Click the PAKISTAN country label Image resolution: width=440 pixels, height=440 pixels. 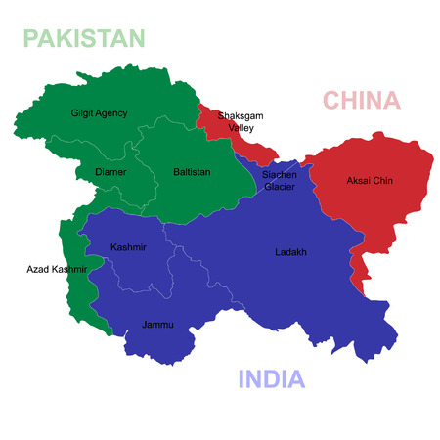click(84, 38)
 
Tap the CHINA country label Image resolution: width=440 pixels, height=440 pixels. click(362, 100)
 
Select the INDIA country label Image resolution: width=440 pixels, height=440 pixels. click(272, 379)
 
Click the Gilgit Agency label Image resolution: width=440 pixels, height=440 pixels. click(99, 113)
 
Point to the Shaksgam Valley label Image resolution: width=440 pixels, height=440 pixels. click(241, 120)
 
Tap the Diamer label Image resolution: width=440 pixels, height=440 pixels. click(110, 172)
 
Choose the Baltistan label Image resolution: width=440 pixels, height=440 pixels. click(192, 172)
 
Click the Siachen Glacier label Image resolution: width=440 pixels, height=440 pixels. click(280, 180)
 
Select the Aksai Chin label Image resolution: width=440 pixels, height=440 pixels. click(369, 181)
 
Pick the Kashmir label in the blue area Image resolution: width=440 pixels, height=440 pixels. click(129, 247)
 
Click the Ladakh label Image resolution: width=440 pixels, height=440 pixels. click(290, 252)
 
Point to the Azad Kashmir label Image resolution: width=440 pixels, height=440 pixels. click(57, 268)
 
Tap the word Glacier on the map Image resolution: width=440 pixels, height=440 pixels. click(280, 186)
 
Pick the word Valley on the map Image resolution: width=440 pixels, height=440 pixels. click(241, 127)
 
